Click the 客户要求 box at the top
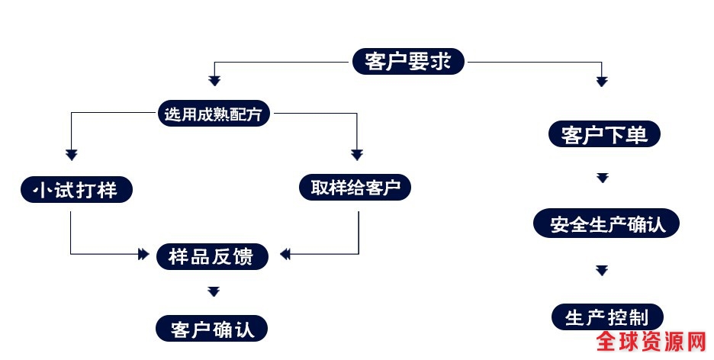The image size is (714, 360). [x=409, y=61]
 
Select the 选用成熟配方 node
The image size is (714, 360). [x=214, y=115]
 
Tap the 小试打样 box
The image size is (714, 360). [x=76, y=189]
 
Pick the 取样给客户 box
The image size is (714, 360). [x=355, y=188]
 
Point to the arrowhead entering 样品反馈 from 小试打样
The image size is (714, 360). [x=143, y=254]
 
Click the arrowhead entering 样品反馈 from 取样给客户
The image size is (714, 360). [x=285, y=254]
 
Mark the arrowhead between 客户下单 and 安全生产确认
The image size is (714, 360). [x=603, y=178]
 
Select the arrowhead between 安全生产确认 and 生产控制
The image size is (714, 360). [x=603, y=270]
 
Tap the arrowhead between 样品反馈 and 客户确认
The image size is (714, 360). [x=214, y=291]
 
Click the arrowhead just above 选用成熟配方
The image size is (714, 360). [x=214, y=80]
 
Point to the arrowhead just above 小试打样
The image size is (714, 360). [x=72, y=155]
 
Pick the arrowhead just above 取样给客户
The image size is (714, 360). [x=356, y=155]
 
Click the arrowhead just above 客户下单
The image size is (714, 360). [x=602, y=80]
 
